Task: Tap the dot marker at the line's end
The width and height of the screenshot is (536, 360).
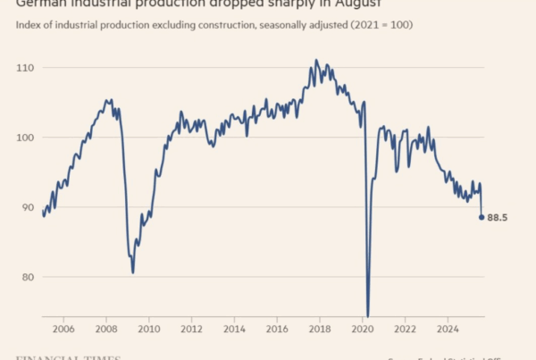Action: (482, 217)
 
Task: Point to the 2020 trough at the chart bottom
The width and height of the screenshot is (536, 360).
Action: (367, 314)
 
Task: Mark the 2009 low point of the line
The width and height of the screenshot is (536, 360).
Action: (133, 272)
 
